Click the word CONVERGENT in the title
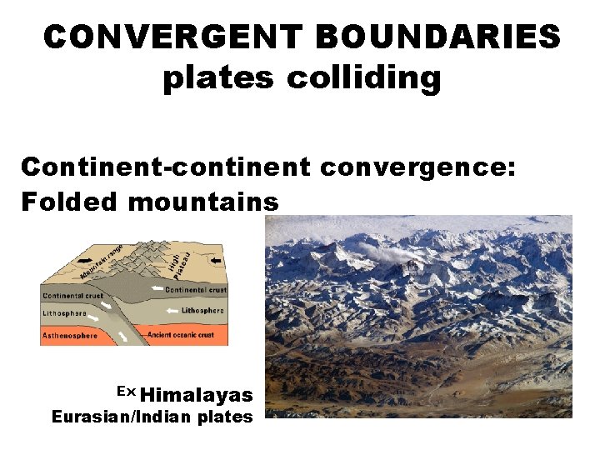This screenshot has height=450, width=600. coord(175,37)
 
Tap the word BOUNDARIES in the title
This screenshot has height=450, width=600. coord(440,37)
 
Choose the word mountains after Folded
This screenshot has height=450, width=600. coord(204,202)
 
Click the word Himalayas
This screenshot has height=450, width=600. coord(202,395)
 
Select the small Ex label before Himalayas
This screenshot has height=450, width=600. coord(126,392)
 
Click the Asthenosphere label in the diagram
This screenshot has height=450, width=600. coord(69,336)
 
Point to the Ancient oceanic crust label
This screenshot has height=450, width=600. coord(181,335)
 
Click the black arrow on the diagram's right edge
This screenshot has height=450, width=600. coord(217,262)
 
